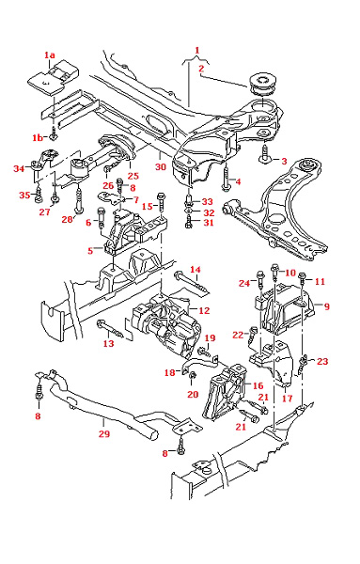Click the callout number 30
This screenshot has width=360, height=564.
(161, 167)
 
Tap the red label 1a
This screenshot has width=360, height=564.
(50, 55)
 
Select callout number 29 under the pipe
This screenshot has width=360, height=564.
(104, 433)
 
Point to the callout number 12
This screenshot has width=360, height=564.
(204, 310)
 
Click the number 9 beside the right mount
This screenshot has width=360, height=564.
(326, 306)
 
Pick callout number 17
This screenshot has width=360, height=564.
(287, 399)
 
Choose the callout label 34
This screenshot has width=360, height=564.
(19, 168)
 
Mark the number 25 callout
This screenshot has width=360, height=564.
(133, 176)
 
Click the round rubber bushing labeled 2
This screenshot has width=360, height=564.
(262, 83)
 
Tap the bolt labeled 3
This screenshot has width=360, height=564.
(264, 154)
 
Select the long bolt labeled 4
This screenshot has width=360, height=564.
(227, 178)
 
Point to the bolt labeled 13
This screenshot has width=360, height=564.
(110, 329)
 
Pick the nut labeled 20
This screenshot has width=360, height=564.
(193, 376)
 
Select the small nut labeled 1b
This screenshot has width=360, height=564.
(54, 135)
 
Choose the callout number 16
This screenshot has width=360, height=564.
(258, 386)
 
